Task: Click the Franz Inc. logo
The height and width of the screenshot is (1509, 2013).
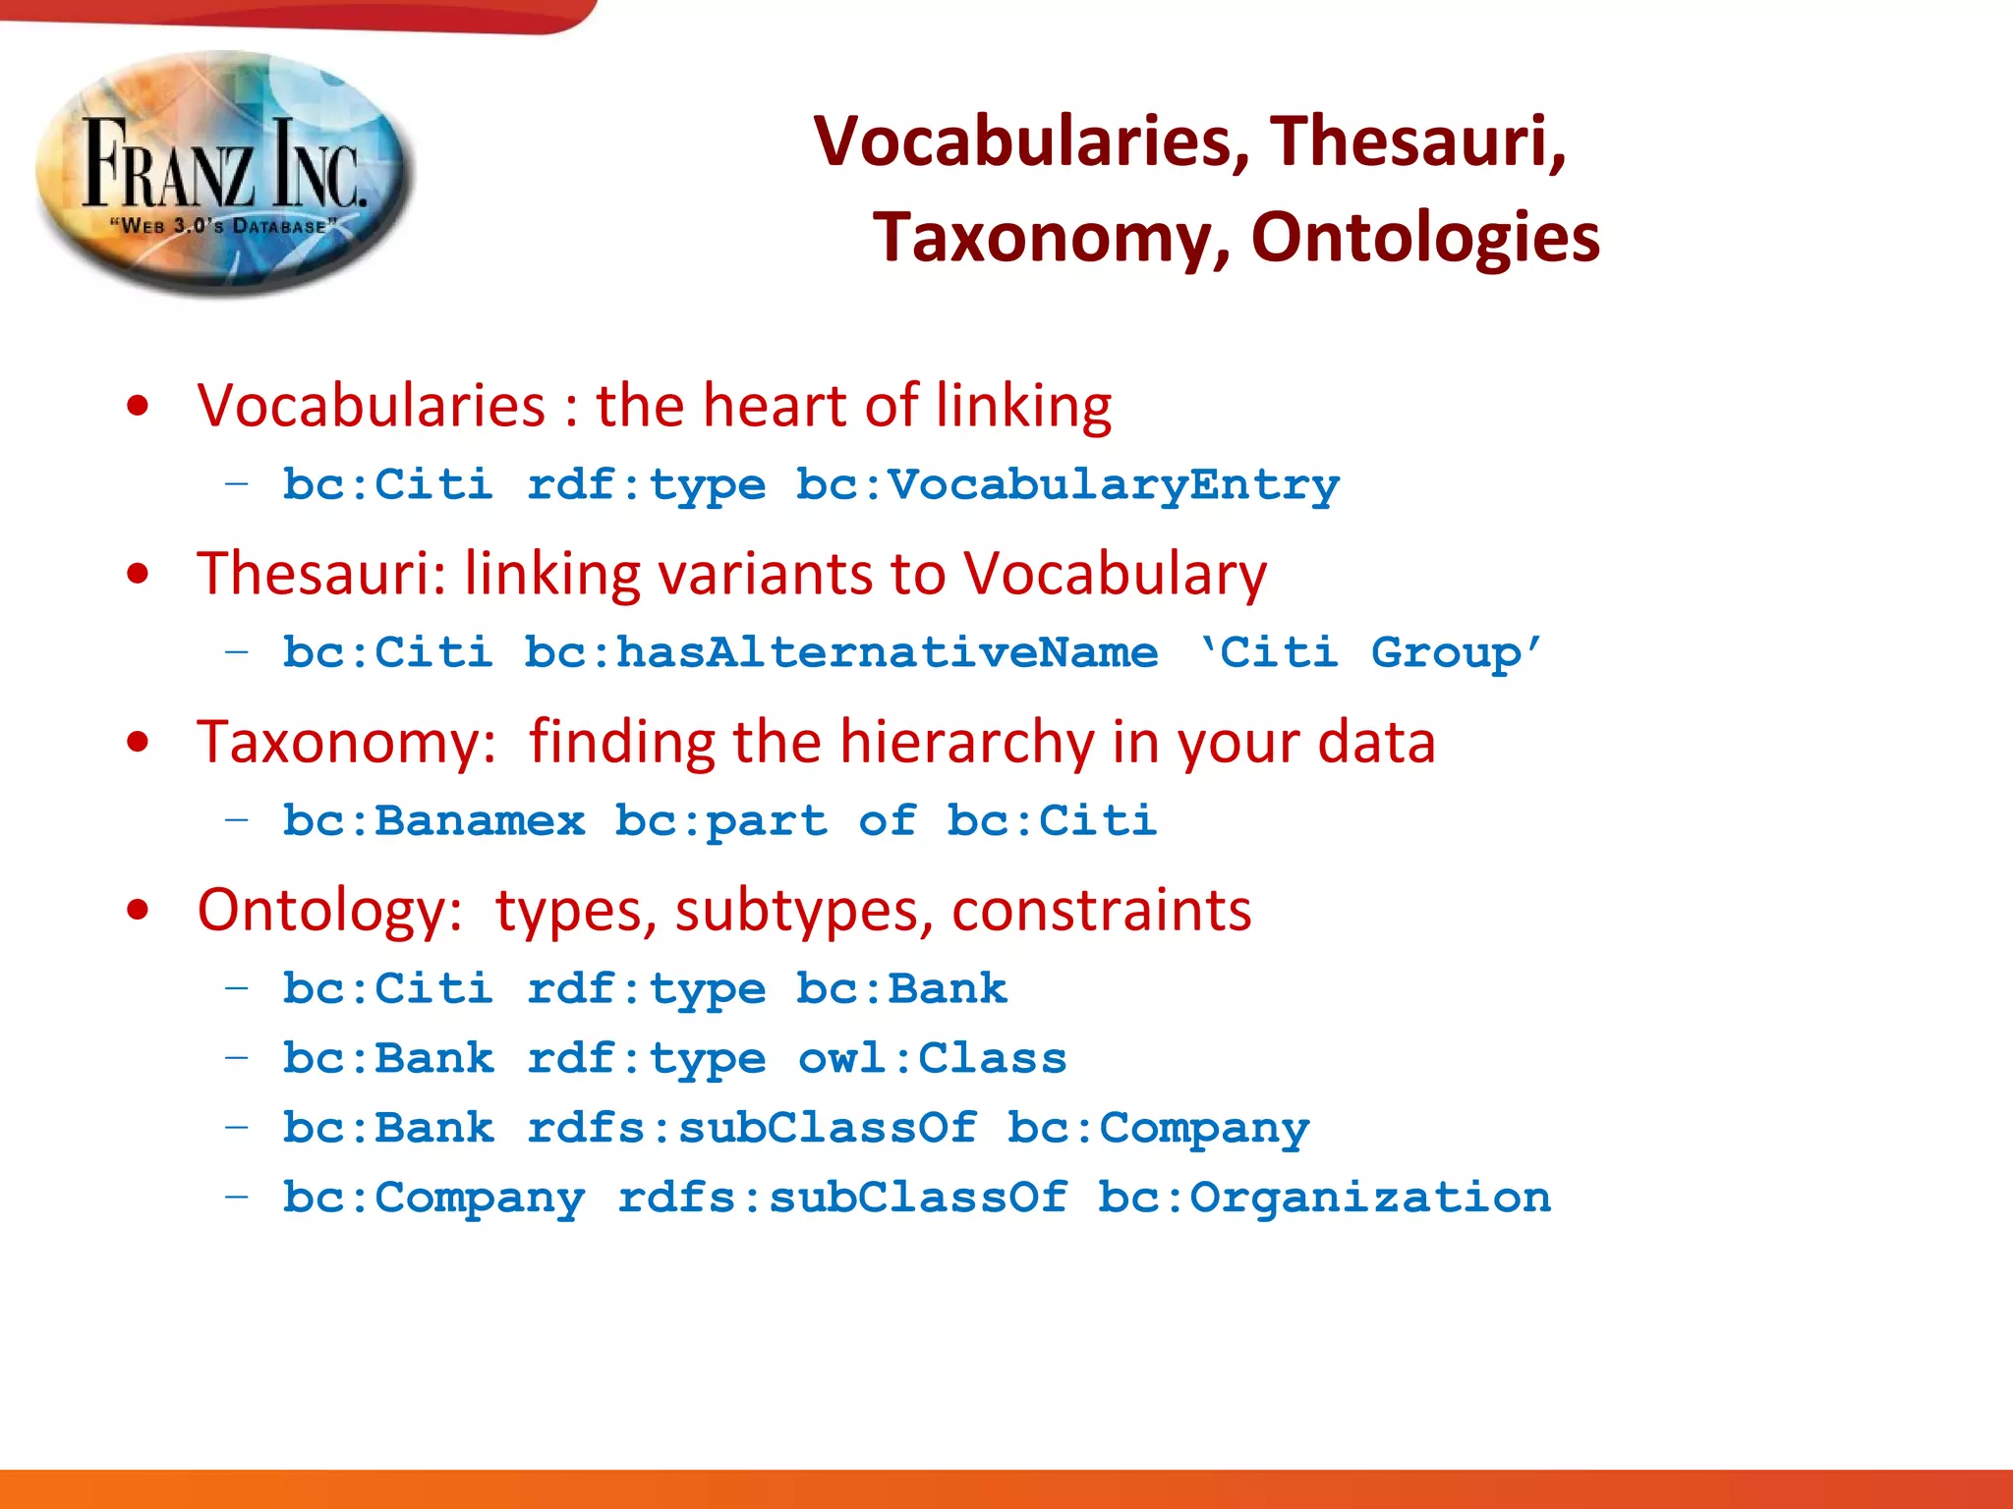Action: click(x=225, y=172)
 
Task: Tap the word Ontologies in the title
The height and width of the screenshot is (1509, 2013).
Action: click(x=1425, y=238)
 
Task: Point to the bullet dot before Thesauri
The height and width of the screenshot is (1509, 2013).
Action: click(x=139, y=574)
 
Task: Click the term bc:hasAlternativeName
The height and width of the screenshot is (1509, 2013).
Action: click(x=841, y=652)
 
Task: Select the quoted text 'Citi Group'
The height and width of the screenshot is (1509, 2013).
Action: click(x=1370, y=652)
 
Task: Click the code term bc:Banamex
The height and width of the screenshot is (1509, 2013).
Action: click(x=433, y=820)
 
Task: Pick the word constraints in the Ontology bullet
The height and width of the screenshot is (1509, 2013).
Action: click(x=1101, y=910)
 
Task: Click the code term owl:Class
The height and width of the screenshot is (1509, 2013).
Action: click(x=932, y=1059)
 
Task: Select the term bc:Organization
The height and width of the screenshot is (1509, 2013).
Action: click(x=1324, y=1198)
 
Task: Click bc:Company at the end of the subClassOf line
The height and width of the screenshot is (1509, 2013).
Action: click(x=1158, y=1129)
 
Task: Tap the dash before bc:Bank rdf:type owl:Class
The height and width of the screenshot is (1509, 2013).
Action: click(x=236, y=1058)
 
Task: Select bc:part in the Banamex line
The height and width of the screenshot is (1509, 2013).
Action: click(x=720, y=820)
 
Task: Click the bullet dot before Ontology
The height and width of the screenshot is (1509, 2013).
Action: click(x=139, y=910)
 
